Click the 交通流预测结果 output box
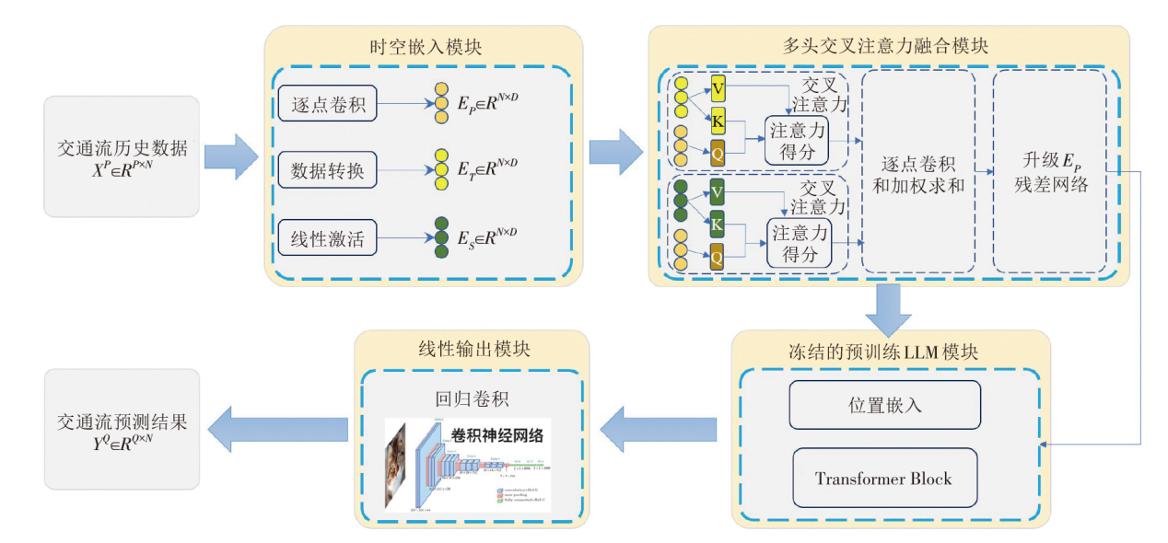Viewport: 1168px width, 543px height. [122, 429]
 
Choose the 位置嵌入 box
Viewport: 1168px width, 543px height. [884, 405]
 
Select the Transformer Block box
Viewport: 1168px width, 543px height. [883, 479]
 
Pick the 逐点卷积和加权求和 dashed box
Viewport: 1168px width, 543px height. [917, 171]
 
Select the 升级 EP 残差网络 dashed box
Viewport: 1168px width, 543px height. [1049, 171]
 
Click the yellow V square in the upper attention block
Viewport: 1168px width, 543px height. [718, 88]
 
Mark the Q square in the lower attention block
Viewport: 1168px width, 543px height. [717, 259]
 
